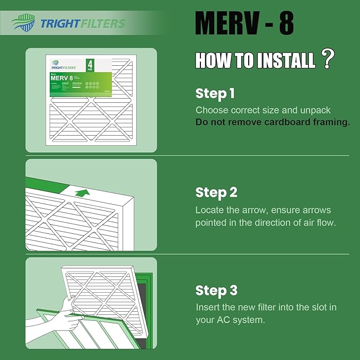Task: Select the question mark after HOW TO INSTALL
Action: (328, 59)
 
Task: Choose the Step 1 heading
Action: (215, 94)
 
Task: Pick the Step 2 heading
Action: (216, 192)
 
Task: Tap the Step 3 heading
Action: (216, 291)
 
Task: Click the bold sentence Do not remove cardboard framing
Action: (273, 122)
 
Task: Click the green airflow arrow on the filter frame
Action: (81, 192)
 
